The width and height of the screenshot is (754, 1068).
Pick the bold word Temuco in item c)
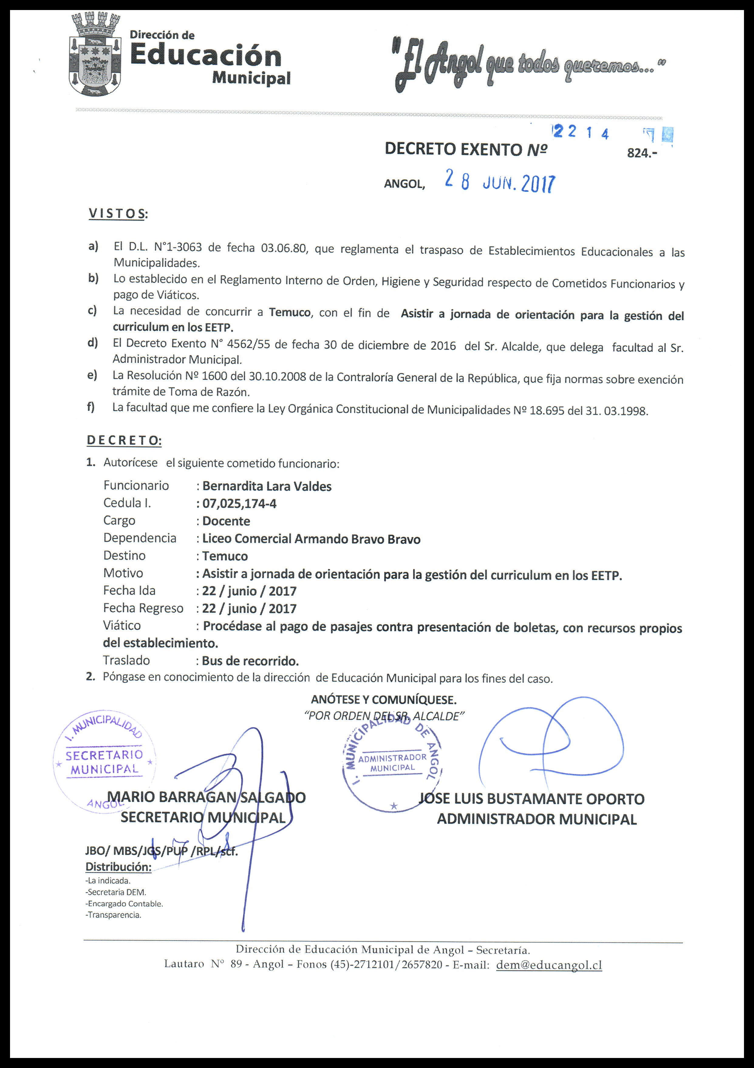(289, 312)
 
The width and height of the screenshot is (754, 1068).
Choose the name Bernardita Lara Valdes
(267, 487)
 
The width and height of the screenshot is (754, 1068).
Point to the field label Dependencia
(140, 538)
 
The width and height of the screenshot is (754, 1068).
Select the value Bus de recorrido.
(250, 661)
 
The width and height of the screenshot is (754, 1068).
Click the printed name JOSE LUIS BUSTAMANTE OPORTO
(532, 799)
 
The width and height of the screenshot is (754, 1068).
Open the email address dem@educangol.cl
(549, 965)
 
